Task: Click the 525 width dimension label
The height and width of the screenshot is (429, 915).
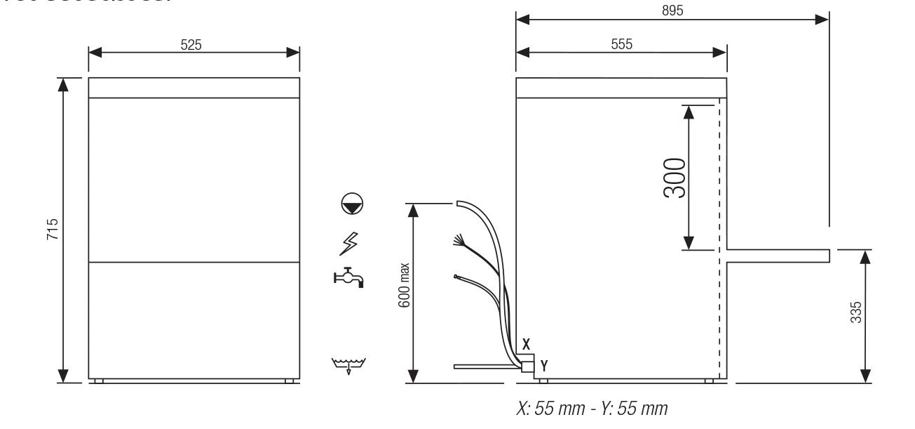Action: [191, 45]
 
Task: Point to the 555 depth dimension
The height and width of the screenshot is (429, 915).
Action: [621, 44]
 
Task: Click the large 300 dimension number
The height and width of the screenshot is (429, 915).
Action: [675, 178]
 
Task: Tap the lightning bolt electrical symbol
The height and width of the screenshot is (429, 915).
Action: [348, 243]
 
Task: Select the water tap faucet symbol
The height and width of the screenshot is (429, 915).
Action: [348, 278]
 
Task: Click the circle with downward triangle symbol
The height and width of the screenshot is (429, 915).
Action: [352, 204]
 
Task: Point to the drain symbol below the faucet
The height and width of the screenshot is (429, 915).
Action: [348, 365]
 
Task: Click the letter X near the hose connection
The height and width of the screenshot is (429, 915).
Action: [526, 345]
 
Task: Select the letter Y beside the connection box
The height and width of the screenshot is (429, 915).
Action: [543, 365]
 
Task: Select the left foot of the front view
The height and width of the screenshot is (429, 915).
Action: [99, 381]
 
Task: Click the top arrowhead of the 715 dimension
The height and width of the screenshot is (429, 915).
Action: [64, 85]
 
